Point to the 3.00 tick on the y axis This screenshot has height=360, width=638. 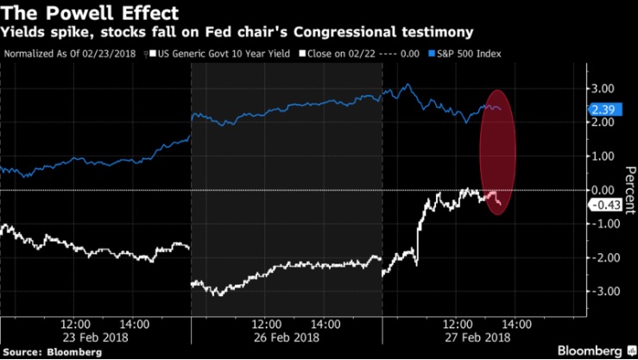[601, 89]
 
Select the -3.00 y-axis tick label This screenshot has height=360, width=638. [601, 291]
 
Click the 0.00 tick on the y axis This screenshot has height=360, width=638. [601, 190]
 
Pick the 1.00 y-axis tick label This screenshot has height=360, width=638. [601, 156]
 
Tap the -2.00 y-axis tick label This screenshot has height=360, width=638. [601, 257]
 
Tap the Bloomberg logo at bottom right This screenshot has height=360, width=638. [586, 350]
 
